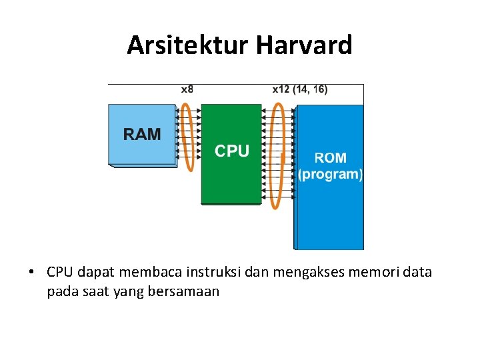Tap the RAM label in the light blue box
[142, 134]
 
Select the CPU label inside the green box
[231, 151]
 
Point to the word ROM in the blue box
[330, 159]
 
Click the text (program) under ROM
[330, 175]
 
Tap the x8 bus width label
[187, 89]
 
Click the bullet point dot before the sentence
[31, 273]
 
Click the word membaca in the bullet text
[150, 272]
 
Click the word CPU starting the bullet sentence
[60, 272]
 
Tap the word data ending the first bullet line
[417, 272]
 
